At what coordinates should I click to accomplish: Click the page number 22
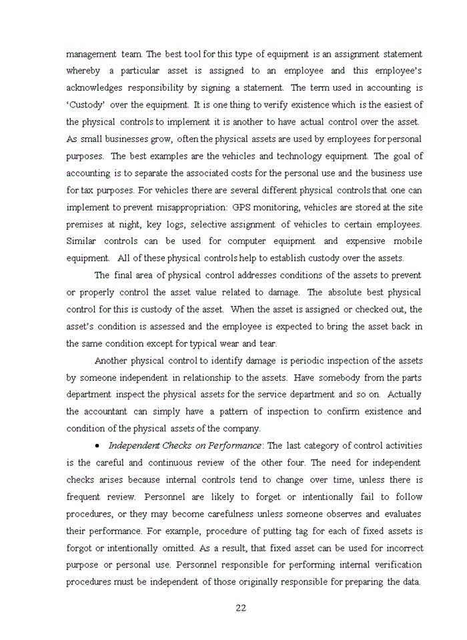pos(242,607)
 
